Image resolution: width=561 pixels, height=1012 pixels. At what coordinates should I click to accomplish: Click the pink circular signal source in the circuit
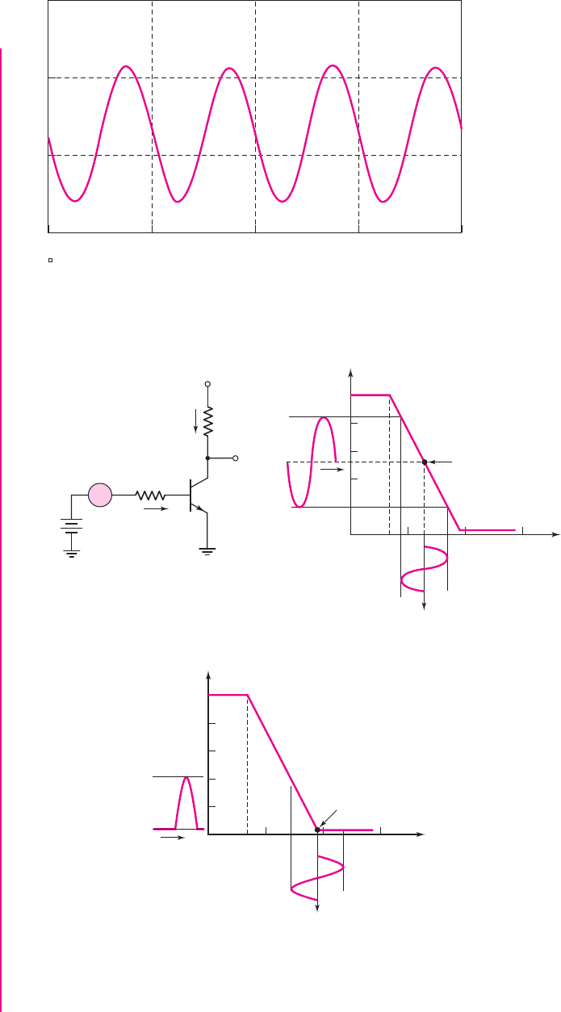pos(100,495)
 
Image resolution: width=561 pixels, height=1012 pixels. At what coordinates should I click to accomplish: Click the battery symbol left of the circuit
pos(72,525)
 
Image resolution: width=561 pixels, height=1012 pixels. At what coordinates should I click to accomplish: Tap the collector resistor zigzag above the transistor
pos(208,422)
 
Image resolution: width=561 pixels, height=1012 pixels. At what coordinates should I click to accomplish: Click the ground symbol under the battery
pos(72,554)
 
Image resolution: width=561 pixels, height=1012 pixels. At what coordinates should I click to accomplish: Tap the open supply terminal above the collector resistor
pos(208,384)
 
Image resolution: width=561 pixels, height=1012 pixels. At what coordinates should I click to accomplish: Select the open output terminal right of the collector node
pos(236,458)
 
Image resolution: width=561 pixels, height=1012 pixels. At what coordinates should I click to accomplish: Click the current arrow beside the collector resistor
pos(195,420)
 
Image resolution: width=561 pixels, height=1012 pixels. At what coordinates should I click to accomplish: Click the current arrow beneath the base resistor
pos(156,509)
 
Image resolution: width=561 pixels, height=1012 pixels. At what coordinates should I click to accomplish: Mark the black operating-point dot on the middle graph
pos(425,462)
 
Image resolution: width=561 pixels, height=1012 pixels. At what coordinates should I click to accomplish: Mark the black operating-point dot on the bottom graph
pos(318,829)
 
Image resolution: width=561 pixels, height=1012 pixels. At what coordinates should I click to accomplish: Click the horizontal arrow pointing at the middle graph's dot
pos(442,462)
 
